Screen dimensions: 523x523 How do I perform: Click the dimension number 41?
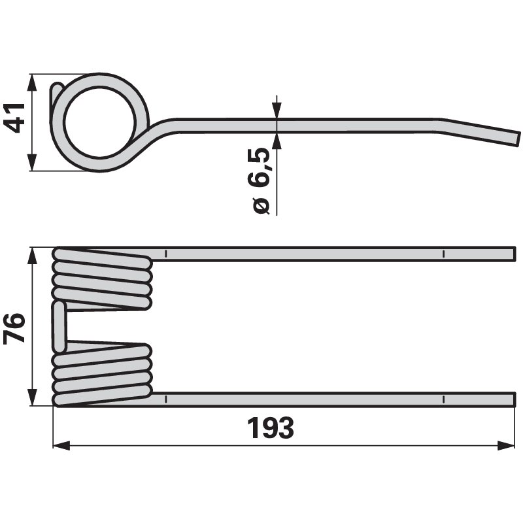[14, 118]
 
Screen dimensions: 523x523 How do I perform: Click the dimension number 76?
[14, 328]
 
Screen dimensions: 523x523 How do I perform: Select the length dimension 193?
[271, 428]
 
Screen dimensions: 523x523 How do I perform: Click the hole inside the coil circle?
[101, 122]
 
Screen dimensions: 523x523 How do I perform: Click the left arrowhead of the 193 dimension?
[61, 445]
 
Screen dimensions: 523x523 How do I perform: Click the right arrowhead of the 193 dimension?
[506, 445]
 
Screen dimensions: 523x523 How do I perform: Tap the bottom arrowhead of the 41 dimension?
[32, 162]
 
